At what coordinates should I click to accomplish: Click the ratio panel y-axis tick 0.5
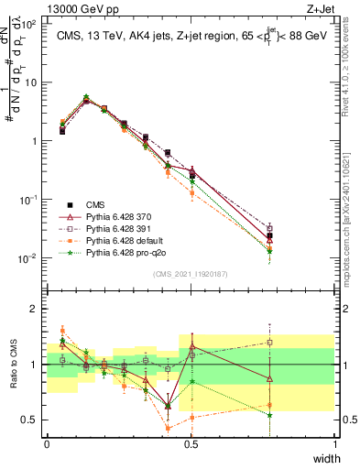(32, 420)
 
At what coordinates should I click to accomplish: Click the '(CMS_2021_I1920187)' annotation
(191, 274)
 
